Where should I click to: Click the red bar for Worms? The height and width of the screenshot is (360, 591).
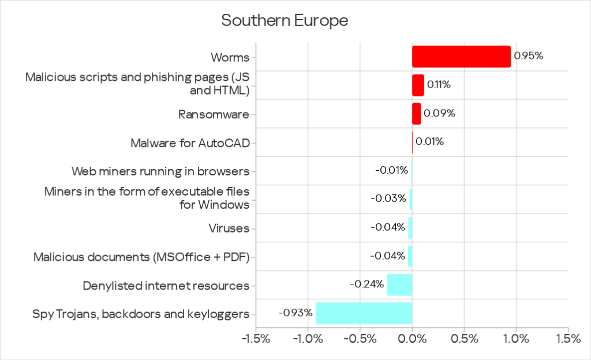(x=461, y=57)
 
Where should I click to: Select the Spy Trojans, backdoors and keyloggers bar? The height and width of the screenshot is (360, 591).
(x=364, y=313)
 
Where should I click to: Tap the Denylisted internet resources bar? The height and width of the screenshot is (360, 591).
(x=399, y=285)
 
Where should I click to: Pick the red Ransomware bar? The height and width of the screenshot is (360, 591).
(x=416, y=114)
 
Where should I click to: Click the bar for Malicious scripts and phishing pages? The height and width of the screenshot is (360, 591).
(x=418, y=85)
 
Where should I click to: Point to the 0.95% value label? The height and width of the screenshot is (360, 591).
(x=529, y=56)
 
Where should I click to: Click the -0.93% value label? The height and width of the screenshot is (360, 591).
(x=295, y=313)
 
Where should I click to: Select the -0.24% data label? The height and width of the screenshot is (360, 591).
(x=367, y=284)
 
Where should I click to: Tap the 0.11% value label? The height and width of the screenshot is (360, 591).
(x=439, y=85)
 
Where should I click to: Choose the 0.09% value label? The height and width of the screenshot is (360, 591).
(x=439, y=113)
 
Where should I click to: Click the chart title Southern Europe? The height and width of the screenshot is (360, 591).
(x=285, y=21)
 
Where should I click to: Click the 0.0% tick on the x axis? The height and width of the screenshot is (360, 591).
(x=412, y=339)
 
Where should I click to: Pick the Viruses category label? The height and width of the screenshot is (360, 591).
(x=229, y=228)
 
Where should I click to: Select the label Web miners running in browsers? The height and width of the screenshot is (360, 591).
(x=160, y=171)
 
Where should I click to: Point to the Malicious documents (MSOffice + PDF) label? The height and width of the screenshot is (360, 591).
(x=141, y=257)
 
